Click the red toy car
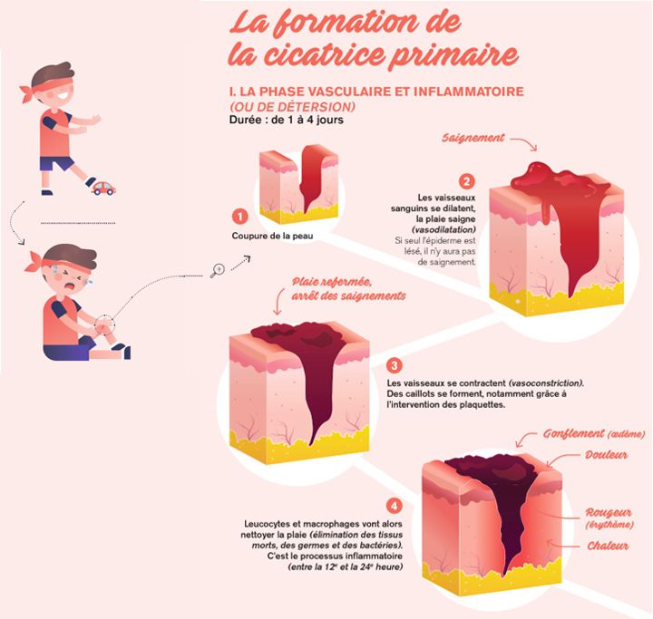[103, 189]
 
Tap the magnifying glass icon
[218, 270]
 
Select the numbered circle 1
[239, 217]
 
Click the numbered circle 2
[466, 181]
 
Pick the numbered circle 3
[394, 365]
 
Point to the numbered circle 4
[394, 507]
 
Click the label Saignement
[473, 138]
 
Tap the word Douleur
[606, 455]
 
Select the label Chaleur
[608, 546]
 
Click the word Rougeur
[609, 512]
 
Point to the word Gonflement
[573, 434]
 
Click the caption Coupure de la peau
[272, 236]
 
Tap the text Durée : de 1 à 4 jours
[286, 120]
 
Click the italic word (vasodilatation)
[443, 230]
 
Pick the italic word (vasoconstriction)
[546, 383]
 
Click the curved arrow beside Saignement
[524, 143]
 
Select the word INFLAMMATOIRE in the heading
[469, 92]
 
